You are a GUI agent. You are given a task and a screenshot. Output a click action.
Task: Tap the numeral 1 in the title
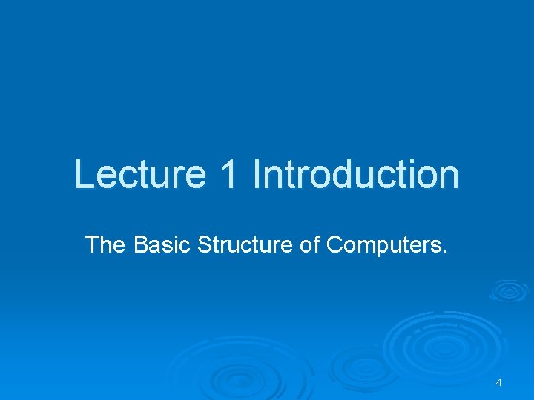tap(231, 175)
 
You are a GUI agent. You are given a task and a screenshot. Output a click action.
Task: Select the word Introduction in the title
tap(355, 175)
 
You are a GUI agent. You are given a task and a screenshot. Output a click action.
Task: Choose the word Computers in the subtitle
tap(383, 244)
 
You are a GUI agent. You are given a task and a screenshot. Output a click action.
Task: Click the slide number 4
tap(498, 382)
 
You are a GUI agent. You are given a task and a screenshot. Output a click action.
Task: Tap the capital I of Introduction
tap(257, 175)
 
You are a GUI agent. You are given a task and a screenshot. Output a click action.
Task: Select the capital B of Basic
tap(141, 244)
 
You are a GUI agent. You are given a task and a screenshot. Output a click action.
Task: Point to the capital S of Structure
tap(205, 244)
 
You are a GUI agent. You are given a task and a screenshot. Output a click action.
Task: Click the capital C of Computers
tap(334, 244)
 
